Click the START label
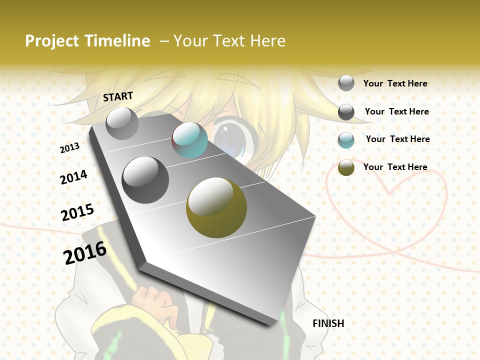click(118, 96)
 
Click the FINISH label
click(328, 323)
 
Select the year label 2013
click(69, 148)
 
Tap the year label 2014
click(73, 177)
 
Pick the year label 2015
click(77, 212)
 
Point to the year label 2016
click(85, 252)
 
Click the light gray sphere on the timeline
click(122, 123)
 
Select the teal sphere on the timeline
click(189, 140)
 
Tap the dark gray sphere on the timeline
click(145, 180)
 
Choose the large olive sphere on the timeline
click(216, 207)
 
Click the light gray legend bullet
click(346, 83)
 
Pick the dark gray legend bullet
click(346, 112)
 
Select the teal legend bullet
click(346, 140)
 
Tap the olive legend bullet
click(346, 167)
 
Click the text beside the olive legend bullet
click(395, 167)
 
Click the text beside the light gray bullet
click(395, 83)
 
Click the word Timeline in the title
click(118, 41)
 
